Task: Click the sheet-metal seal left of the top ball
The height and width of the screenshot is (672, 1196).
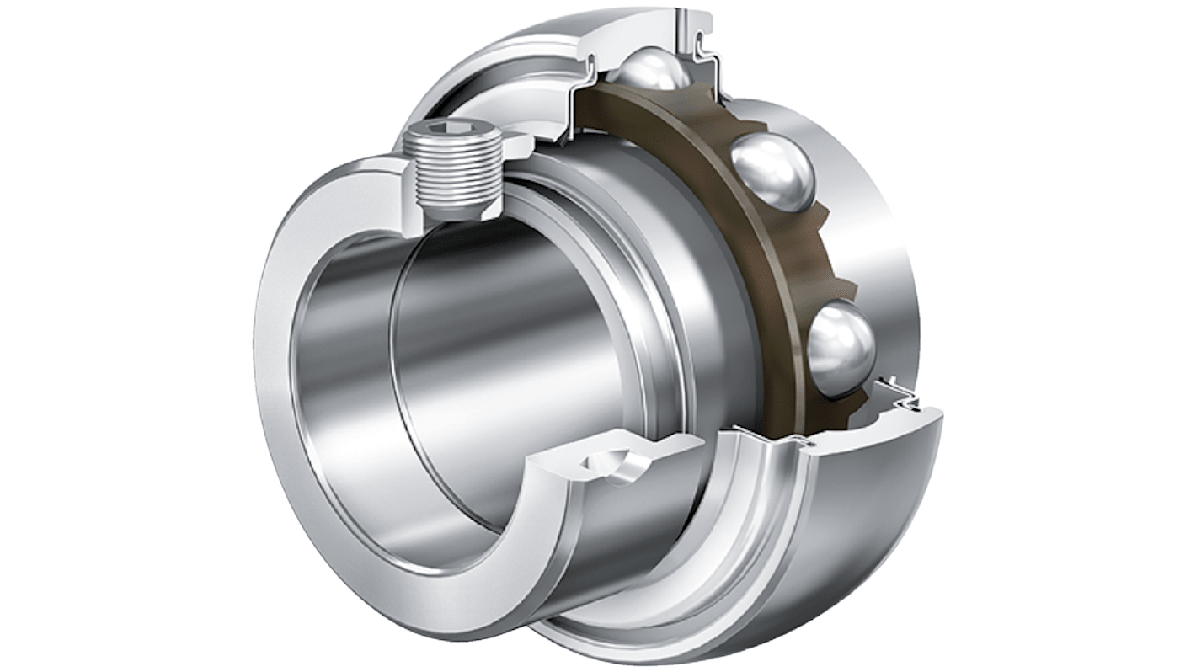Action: [x=581, y=84]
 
